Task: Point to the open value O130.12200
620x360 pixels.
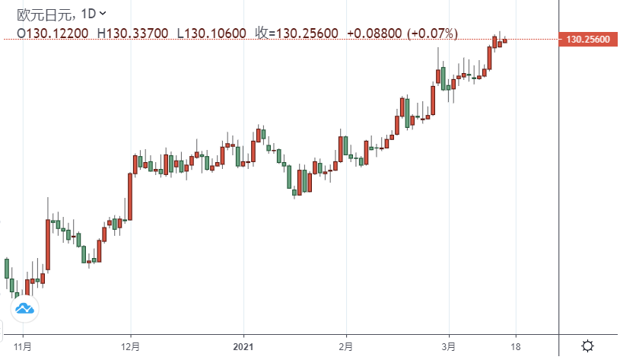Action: (x=52, y=33)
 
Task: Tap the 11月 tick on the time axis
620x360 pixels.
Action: (x=24, y=346)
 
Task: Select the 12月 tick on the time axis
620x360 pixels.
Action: (x=130, y=346)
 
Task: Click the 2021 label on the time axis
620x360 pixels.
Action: (x=244, y=346)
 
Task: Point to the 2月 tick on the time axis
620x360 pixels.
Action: (x=346, y=346)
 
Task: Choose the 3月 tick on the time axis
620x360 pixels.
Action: (x=450, y=346)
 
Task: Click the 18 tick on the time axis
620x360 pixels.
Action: (x=517, y=346)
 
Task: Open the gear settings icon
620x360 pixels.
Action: (x=587, y=346)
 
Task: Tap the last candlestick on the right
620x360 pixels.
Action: (x=505, y=41)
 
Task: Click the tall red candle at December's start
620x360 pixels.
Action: (x=130, y=196)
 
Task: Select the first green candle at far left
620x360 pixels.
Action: (x=7, y=268)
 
